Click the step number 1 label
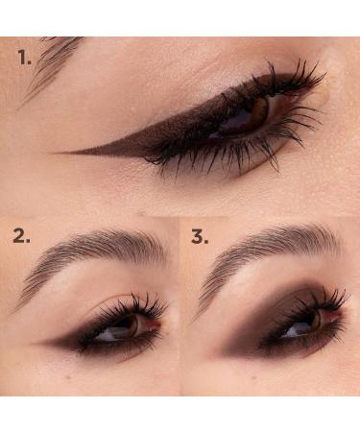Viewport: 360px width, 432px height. coord(25,58)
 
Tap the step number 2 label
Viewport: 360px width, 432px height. coord(21,236)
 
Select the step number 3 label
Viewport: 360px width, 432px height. coord(200,236)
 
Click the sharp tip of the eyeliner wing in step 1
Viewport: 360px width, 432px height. coord(60,153)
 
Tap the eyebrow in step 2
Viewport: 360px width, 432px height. coord(96,252)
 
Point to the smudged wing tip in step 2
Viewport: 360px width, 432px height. coord(40,341)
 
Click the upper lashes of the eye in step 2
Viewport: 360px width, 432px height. coord(130,305)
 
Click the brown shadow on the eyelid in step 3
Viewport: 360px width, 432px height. coord(274,312)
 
